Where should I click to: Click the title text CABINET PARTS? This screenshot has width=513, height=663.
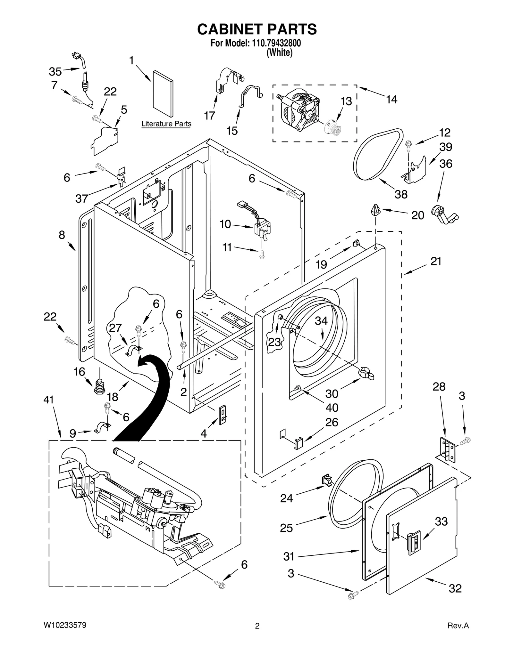[256, 29]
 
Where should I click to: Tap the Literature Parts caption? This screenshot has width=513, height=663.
[166, 124]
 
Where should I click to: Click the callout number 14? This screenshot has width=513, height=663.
[391, 100]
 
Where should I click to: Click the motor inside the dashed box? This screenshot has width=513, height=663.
[300, 110]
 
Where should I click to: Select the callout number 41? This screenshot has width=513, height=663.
[49, 400]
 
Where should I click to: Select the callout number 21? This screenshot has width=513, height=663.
[436, 261]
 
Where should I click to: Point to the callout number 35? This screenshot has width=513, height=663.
[55, 72]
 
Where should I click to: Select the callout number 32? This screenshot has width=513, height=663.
[455, 588]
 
